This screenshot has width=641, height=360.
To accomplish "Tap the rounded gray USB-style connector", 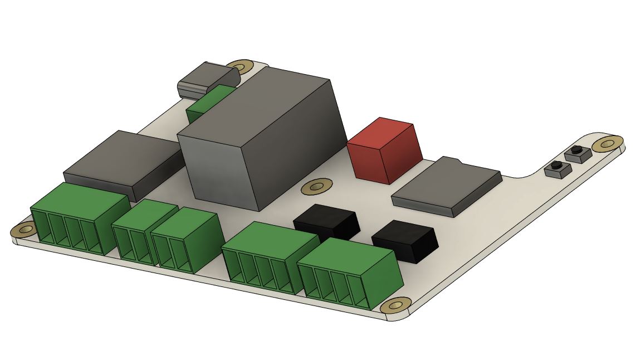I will point(203,80).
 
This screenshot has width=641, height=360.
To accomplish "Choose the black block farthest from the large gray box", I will point(405,240).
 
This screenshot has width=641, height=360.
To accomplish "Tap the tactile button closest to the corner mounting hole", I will point(576,153).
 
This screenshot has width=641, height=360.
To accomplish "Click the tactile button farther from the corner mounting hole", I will point(555,168).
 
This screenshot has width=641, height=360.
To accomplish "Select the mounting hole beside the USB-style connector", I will point(241,67).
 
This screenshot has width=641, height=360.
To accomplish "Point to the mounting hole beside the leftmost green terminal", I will point(25,229).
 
